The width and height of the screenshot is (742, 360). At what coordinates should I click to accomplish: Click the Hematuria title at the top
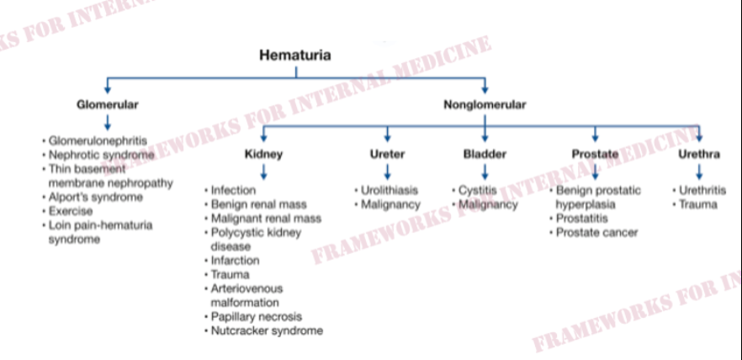(295, 56)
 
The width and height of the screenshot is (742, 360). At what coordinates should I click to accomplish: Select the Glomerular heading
(108, 104)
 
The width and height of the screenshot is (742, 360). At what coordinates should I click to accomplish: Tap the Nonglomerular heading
(485, 104)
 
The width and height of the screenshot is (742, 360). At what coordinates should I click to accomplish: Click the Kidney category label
(263, 154)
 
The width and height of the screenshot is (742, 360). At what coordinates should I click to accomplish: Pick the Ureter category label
(388, 154)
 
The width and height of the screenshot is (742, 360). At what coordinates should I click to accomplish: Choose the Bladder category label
(485, 154)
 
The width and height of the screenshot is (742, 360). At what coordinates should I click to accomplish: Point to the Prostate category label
(595, 154)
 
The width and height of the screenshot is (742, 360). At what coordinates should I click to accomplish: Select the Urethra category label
(699, 154)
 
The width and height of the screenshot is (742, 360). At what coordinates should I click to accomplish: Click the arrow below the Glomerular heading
(108, 123)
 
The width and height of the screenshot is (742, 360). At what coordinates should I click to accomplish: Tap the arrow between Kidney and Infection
(263, 172)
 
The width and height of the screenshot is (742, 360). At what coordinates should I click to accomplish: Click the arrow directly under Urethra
(699, 172)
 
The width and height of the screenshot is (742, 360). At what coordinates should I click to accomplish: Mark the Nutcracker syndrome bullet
(267, 331)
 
